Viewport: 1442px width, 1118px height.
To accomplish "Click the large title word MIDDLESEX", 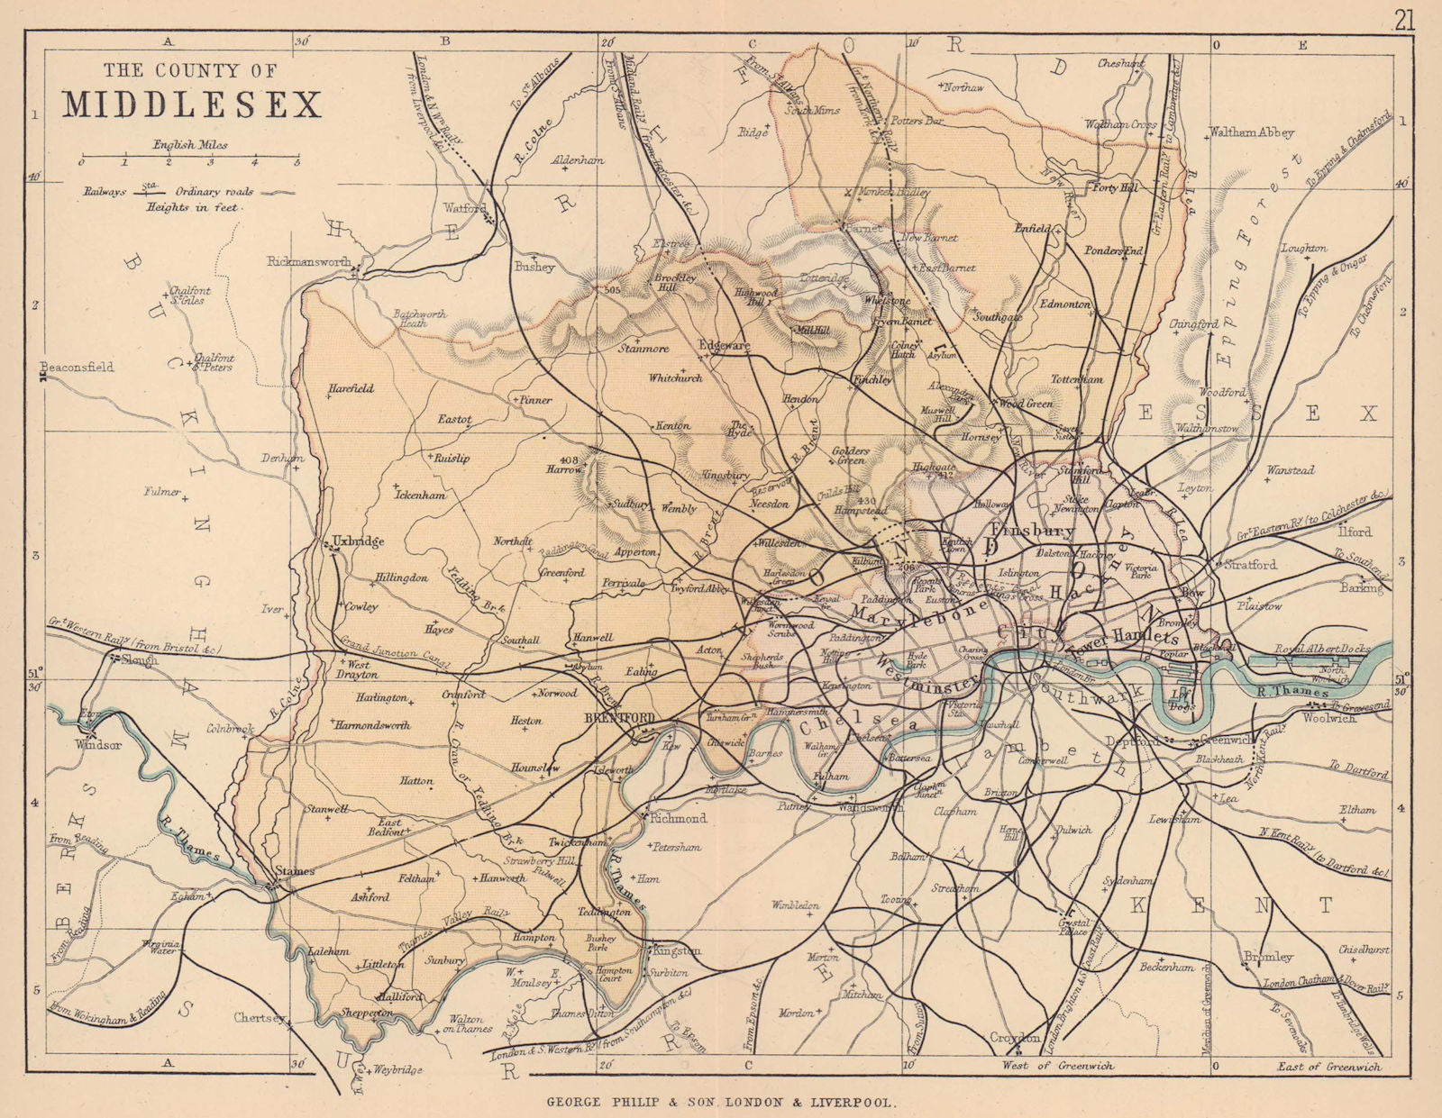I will click(192, 105).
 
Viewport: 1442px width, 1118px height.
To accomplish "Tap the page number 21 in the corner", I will click(1404, 20).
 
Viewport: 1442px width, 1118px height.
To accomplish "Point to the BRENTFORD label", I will click(617, 718).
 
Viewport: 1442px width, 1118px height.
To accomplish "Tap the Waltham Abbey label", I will click(1251, 132).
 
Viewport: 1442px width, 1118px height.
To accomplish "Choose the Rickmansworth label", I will click(308, 261).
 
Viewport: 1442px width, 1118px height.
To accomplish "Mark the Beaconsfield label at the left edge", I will click(77, 367).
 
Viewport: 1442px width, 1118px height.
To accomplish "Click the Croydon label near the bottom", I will click(1015, 1037).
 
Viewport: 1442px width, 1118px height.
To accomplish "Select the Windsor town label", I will click(98, 745).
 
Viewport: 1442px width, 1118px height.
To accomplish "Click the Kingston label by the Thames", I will click(677, 950).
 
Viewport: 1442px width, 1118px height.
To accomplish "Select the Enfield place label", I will click(1032, 229).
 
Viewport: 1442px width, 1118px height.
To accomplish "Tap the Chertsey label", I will click(260, 1018).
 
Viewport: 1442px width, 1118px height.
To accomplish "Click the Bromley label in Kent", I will click(1268, 956).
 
